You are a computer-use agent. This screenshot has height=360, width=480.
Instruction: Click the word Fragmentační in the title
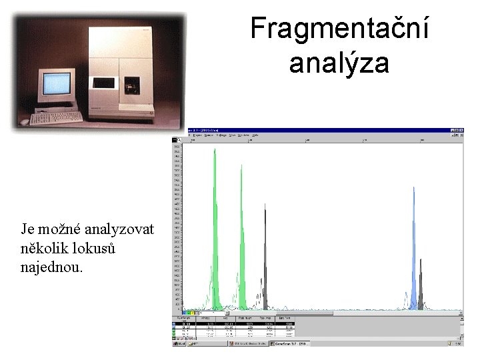[x=339, y=29]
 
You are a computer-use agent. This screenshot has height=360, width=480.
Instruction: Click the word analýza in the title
[x=339, y=63]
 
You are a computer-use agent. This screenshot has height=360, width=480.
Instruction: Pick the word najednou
[x=52, y=267]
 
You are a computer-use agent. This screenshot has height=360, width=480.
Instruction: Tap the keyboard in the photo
[x=56, y=117]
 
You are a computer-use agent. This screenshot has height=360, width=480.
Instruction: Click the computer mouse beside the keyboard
[x=25, y=122]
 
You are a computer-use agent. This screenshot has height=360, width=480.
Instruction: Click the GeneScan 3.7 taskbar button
[x=293, y=343]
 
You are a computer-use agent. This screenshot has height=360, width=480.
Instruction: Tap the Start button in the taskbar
[x=179, y=343]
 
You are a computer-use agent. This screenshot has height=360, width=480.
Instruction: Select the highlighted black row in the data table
[x=233, y=323]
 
